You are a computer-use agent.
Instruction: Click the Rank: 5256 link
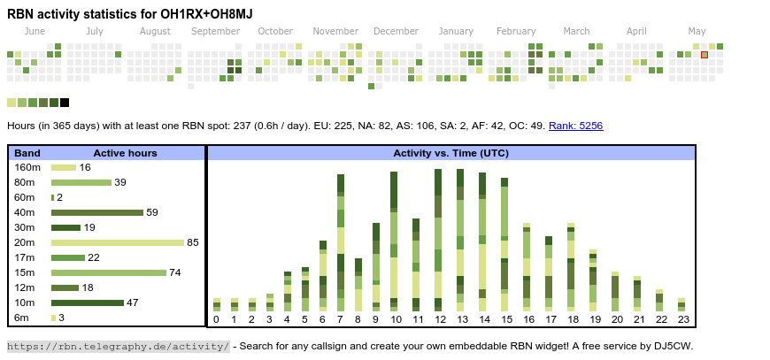point(575,126)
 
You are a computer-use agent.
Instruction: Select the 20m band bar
point(118,242)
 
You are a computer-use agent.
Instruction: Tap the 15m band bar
point(109,272)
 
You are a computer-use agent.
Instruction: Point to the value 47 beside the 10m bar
point(133,303)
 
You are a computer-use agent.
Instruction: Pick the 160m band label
point(27,167)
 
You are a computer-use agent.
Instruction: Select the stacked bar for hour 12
point(438,240)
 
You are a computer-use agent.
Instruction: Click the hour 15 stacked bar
point(504,244)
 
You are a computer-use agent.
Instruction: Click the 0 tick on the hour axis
point(216,319)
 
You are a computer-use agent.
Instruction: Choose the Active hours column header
point(125,153)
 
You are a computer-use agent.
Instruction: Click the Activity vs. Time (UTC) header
point(450,153)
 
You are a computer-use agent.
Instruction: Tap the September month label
point(215,32)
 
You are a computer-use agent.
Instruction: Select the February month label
point(516,32)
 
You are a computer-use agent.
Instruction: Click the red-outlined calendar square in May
point(705,55)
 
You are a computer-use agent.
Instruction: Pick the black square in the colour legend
point(65,103)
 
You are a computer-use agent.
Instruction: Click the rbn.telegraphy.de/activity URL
point(118,346)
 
